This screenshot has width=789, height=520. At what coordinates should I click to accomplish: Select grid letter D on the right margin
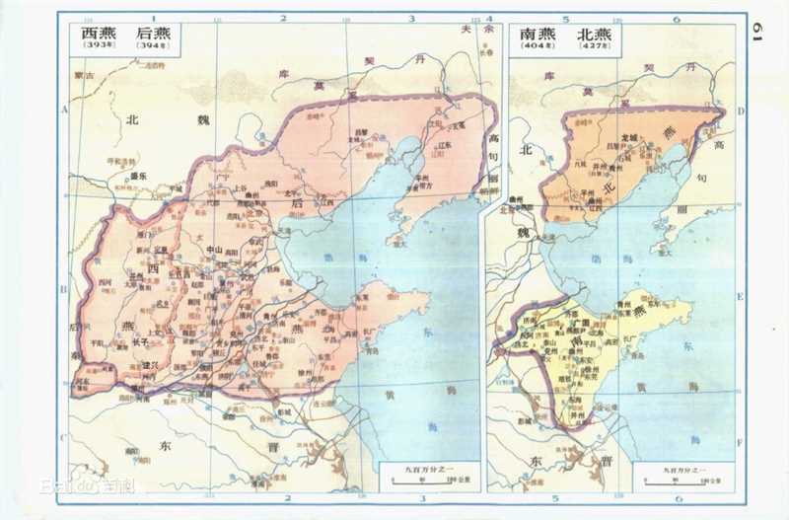[x=741, y=111]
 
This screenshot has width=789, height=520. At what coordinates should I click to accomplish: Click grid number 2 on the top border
[x=283, y=18]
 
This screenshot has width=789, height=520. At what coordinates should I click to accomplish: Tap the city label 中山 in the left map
[x=215, y=250]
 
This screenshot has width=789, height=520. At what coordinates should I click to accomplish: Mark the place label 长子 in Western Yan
[x=138, y=341]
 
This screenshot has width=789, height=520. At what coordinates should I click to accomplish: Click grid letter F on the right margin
[x=741, y=430]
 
